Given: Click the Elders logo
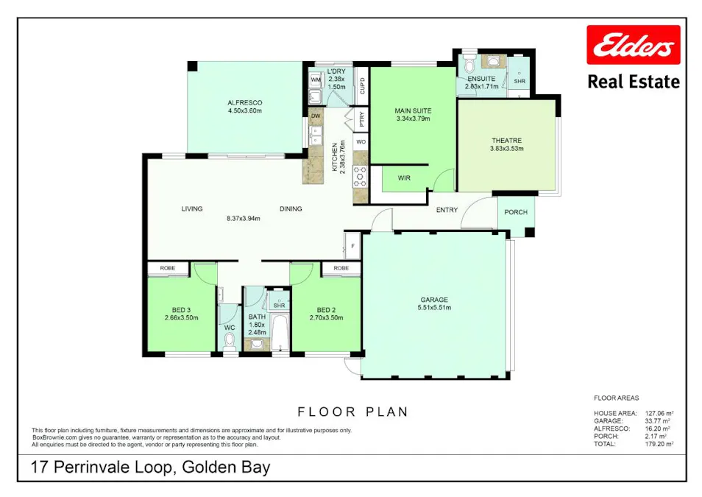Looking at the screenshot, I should pyautogui.click(x=633, y=46).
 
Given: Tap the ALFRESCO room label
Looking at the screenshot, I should pyautogui.click(x=244, y=102).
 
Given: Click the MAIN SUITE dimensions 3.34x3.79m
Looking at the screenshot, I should pyautogui.click(x=412, y=118).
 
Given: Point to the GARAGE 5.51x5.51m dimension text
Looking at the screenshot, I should pyautogui.click(x=434, y=309).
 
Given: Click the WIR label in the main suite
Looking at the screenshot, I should pyautogui.click(x=404, y=178).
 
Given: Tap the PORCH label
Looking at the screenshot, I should pyautogui.click(x=516, y=212).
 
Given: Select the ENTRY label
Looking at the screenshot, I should pyautogui.click(x=447, y=210).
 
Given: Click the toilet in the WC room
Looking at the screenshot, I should pyautogui.click(x=229, y=340).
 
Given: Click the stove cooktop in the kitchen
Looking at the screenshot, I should pyautogui.click(x=361, y=176).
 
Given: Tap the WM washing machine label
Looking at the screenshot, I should pyautogui.click(x=315, y=80).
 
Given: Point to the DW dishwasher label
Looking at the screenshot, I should pyautogui.click(x=315, y=116).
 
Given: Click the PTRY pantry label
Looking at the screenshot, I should pyautogui.click(x=361, y=117).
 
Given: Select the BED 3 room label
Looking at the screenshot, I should pyautogui.click(x=180, y=309).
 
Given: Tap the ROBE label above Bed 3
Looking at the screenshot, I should pyautogui.click(x=168, y=268).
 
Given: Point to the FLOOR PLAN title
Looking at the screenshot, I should pyautogui.click(x=352, y=412).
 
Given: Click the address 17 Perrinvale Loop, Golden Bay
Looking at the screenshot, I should pyautogui.click(x=151, y=468).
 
